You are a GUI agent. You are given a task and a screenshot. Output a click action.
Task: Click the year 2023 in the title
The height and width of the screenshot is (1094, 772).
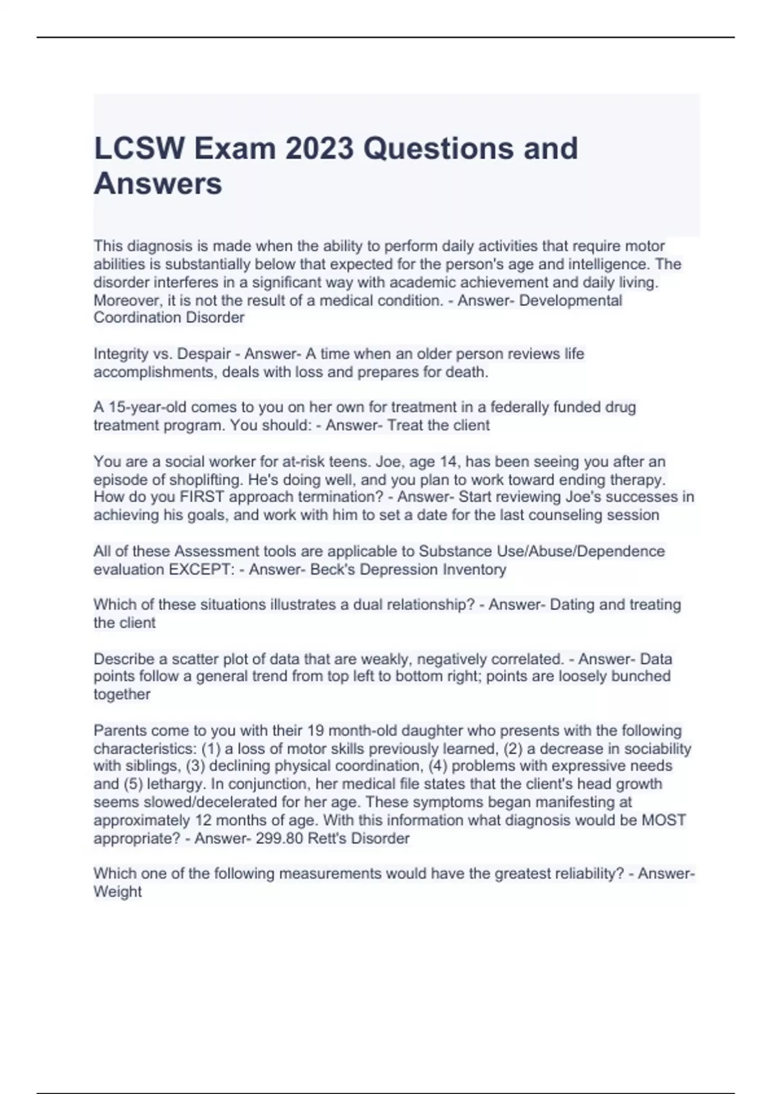pyautogui.click(x=320, y=149)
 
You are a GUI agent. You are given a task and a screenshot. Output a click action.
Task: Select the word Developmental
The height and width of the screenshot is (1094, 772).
pyautogui.click(x=570, y=301)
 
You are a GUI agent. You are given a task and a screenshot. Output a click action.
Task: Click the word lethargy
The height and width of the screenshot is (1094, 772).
pyautogui.click(x=175, y=784)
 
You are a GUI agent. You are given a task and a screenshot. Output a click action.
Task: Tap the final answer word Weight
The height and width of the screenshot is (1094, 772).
pyautogui.click(x=118, y=892)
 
